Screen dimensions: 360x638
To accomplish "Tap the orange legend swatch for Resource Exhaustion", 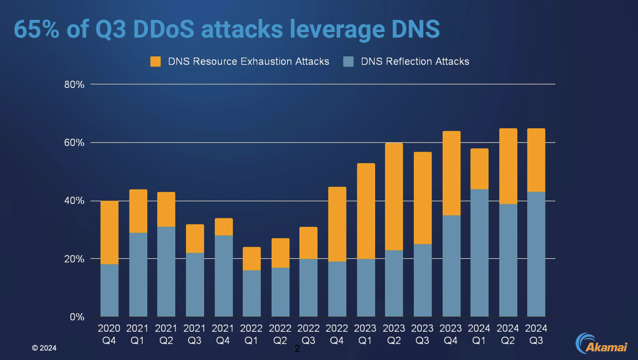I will coord(155,61).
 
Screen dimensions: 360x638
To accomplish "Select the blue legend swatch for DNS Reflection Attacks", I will coord(348,61).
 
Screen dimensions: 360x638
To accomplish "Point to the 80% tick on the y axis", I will coord(73,85).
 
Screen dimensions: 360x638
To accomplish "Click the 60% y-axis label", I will coord(73,143).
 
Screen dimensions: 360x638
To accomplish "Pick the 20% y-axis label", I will coord(73,259).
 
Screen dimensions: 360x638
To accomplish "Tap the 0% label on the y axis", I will coord(76,317).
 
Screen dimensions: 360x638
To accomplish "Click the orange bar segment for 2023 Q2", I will coord(393,197).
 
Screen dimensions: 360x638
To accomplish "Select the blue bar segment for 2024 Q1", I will coord(479,253).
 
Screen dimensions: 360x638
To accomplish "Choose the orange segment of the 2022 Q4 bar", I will coord(336,224).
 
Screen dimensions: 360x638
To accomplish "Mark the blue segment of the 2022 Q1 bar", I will coord(251,294).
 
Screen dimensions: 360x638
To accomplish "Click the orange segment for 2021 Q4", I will coord(223,227).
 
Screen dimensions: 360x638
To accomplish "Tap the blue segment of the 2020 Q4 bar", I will coord(110,290).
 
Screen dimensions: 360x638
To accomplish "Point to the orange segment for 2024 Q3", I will coord(536,160).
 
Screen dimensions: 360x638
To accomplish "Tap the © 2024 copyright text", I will coord(44,348).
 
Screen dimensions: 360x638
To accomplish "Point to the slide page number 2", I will coord(297,349).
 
